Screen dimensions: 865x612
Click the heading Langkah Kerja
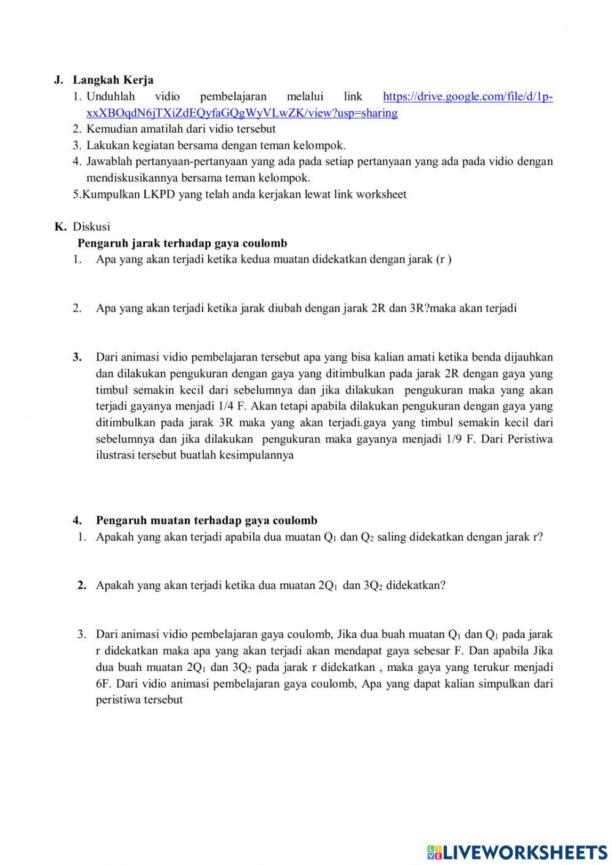pos(113,80)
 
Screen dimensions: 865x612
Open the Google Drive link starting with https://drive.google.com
pos(468,97)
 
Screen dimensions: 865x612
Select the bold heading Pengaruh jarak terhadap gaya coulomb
pos(182,243)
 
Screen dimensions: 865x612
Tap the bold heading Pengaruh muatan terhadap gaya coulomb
pos(206,520)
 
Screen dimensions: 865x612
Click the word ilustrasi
pos(114,455)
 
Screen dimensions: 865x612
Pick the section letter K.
pos(59,227)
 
